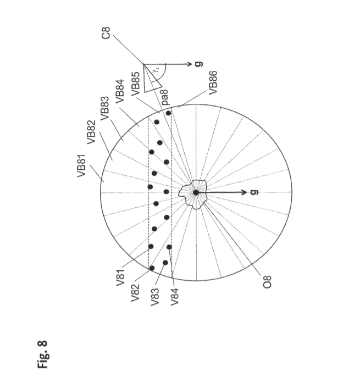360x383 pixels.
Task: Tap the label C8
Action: tap(106, 33)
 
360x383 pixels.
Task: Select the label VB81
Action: tap(81, 165)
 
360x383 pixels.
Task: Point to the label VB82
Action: tap(91, 132)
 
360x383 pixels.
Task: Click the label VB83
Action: tap(104, 108)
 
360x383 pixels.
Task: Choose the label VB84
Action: tap(120, 91)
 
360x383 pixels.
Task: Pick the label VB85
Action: tap(136, 84)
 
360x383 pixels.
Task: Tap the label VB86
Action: tap(213, 82)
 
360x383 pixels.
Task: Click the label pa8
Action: tap(164, 97)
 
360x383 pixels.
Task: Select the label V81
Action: tap(120, 277)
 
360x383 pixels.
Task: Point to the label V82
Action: tap(135, 293)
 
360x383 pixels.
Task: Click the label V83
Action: tap(155, 297)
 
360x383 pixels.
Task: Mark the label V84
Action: tap(174, 297)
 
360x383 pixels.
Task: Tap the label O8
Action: tap(267, 282)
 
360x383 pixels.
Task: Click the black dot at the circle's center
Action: tap(196, 192)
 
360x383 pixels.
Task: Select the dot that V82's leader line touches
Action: tap(152, 268)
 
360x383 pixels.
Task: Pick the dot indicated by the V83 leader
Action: tap(165, 263)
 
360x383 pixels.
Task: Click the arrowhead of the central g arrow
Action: tap(243, 192)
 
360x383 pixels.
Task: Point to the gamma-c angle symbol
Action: tap(157, 69)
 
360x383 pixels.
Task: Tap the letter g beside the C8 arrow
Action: tap(199, 64)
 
